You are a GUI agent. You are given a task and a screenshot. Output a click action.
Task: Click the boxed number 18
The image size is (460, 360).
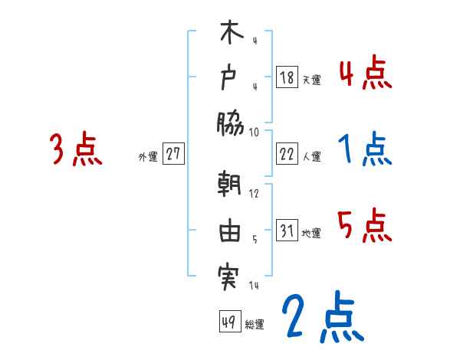286,77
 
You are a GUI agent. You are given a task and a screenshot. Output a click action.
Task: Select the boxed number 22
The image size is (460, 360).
286,154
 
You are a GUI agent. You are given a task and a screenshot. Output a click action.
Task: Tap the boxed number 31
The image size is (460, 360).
286,231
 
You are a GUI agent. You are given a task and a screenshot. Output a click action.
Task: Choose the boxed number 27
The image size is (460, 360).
173,154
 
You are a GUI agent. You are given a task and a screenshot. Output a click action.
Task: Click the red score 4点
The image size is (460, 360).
365,74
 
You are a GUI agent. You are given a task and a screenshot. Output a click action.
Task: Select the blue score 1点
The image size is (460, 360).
365,149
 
